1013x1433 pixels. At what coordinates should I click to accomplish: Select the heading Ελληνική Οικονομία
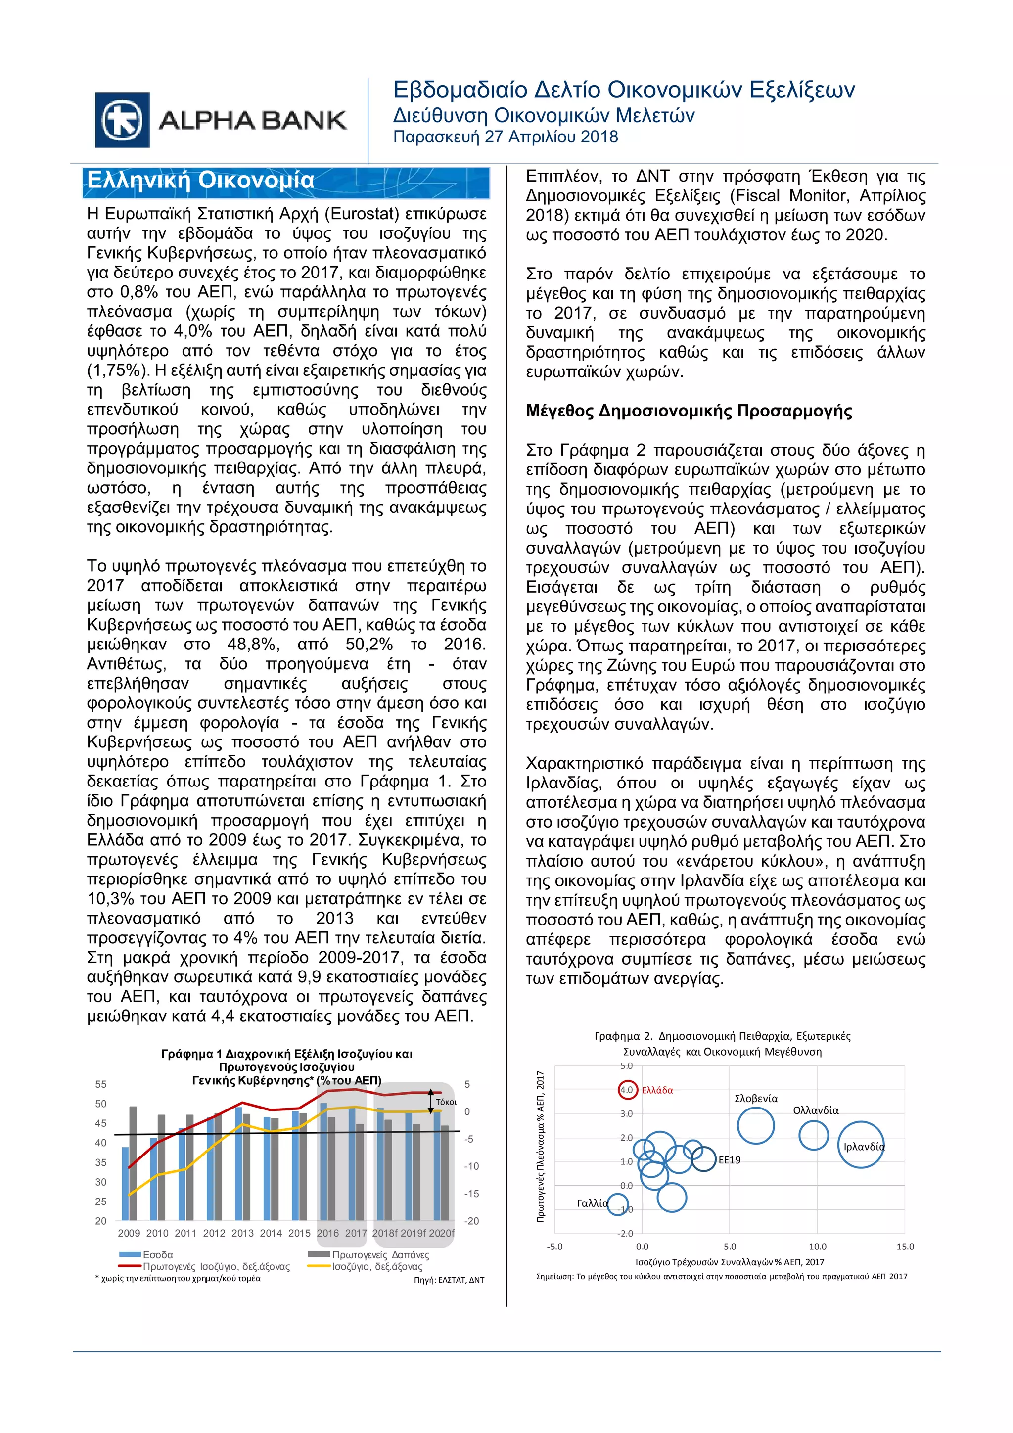[x=200, y=181]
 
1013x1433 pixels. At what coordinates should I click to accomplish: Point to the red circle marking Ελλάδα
[x=627, y=1090]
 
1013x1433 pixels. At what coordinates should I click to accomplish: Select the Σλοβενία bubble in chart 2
[x=755, y=1125]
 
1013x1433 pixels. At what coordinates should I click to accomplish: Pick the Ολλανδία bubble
[x=813, y=1135]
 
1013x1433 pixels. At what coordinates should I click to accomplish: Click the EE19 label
[x=729, y=1159]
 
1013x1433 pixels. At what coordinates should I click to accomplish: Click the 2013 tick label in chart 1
[x=242, y=1233]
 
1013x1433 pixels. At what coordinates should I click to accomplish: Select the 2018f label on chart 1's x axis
[x=384, y=1233]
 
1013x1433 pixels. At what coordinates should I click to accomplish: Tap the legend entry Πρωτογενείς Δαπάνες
[x=380, y=1254]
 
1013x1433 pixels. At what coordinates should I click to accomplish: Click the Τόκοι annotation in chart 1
[x=446, y=1102]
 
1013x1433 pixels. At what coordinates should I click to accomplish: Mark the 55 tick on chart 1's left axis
[x=100, y=1084]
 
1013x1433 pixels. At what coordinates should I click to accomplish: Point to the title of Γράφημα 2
[x=722, y=1044]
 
